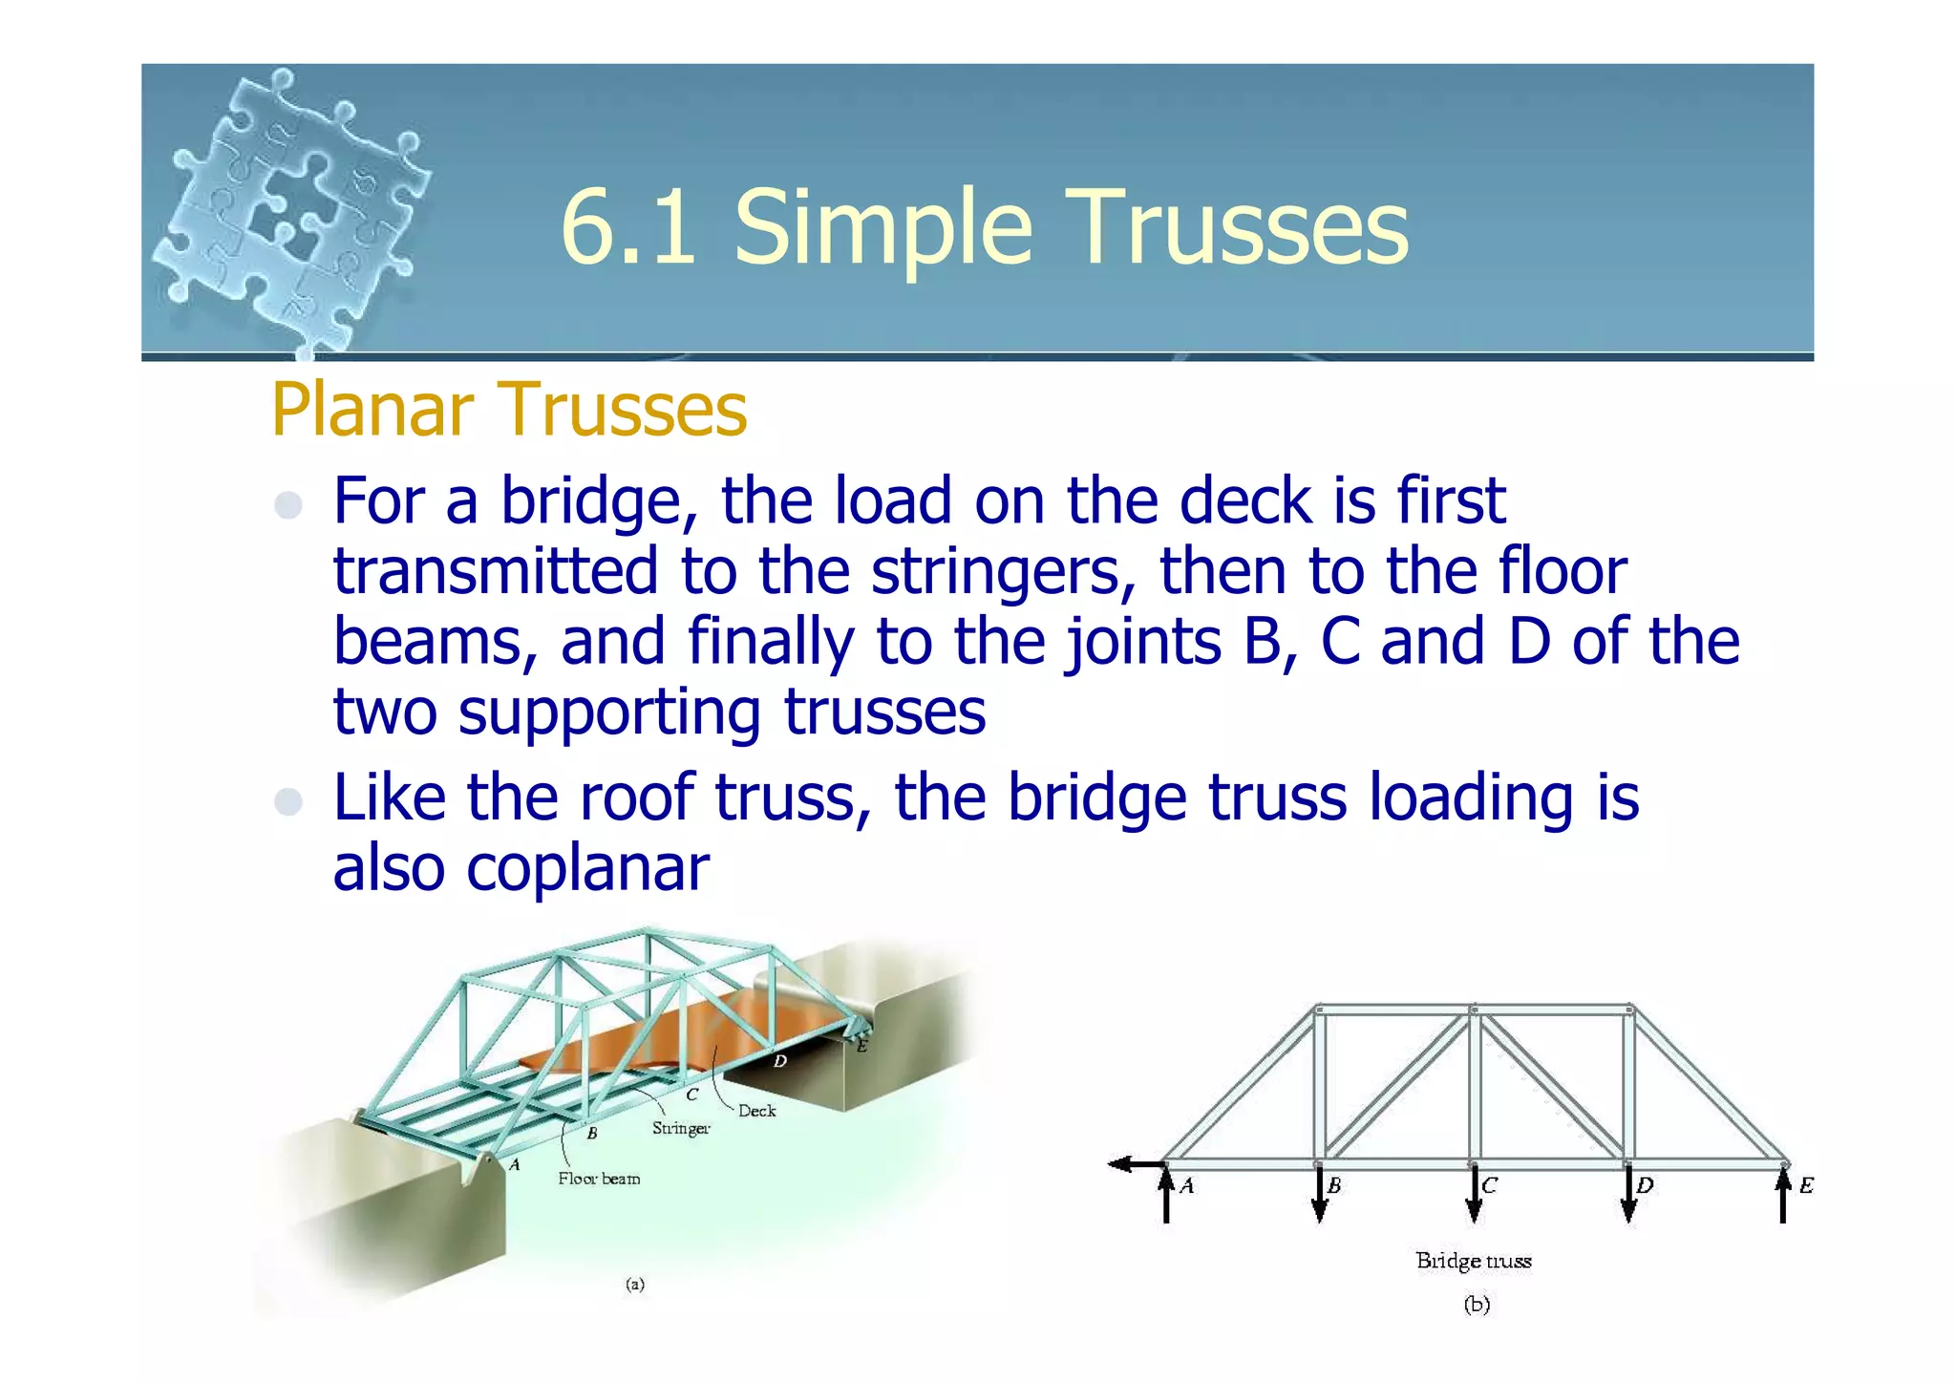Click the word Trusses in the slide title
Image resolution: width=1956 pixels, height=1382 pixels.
click(x=1242, y=227)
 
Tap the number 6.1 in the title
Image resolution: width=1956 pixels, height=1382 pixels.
click(x=627, y=227)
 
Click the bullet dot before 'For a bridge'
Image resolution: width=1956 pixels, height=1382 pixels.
click(x=287, y=504)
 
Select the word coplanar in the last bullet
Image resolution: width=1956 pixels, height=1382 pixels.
click(x=587, y=869)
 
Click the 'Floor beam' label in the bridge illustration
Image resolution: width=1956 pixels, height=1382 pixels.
click(x=599, y=1179)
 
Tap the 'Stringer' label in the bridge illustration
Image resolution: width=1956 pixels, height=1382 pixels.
click(x=681, y=1128)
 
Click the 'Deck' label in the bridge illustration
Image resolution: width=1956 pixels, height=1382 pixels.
click(x=756, y=1111)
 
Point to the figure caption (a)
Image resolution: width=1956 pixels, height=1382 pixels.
click(x=635, y=1284)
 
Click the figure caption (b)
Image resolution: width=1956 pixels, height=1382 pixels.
click(x=1477, y=1305)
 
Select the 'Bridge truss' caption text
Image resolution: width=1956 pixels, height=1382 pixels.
click(x=1474, y=1261)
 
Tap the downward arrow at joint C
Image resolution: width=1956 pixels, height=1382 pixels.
click(x=1474, y=1196)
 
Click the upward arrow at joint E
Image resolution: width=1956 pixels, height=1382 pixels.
click(x=1783, y=1196)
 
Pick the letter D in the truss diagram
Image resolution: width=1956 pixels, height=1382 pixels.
click(x=1645, y=1185)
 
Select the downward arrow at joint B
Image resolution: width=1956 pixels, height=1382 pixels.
click(x=1319, y=1196)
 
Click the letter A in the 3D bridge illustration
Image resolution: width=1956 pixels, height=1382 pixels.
click(x=515, y=1164)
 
